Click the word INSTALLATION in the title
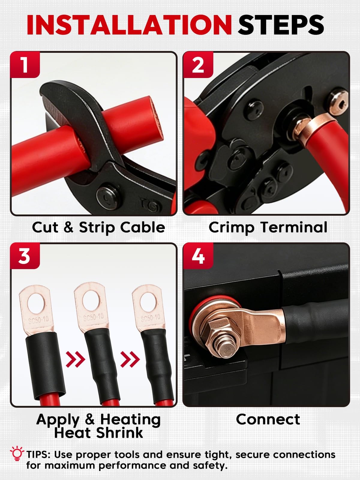point(129,25)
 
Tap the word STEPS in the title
point(281,25)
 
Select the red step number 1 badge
point(25,65)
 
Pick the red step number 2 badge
point(198,65)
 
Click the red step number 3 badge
point(25,256)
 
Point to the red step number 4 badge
point(198,256)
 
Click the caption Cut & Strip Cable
point(98,227)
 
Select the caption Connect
point(268,419)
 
